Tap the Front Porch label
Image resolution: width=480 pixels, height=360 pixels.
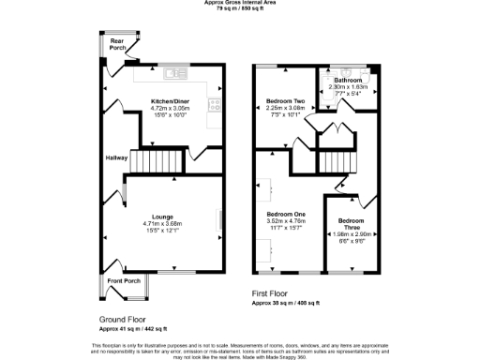[123, 280]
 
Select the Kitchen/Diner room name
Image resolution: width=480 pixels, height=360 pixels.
[170, 101]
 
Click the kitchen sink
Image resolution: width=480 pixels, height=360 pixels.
[174, 73]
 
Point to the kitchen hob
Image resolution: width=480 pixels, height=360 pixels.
[215, 106]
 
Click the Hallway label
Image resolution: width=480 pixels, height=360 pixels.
[116, 157]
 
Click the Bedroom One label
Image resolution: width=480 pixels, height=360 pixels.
[288, 215]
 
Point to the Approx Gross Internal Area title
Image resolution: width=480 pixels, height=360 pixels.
[240, 3]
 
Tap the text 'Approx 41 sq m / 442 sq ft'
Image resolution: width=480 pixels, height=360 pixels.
[133, 329]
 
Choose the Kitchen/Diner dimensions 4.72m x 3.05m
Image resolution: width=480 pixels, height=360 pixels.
[170, 108]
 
